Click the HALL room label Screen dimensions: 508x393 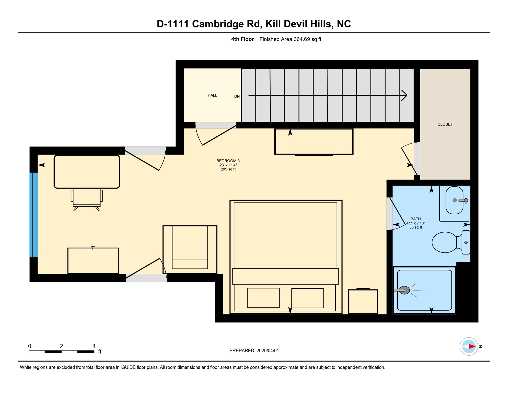click(212, 95)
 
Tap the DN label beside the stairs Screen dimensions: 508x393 click(237, 96)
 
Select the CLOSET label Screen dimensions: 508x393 click(445, 124)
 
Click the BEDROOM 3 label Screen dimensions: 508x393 click(228, 161)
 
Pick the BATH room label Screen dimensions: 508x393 click(415, 219)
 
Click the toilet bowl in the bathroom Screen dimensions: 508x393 click(444, 242)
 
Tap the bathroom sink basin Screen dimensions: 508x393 click(454, 200)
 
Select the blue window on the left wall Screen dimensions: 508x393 click(34, 215)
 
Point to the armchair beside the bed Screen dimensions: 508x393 click(190, 250)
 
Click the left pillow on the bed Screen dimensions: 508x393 click(263, 298)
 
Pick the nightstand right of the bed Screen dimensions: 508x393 click(363, 301)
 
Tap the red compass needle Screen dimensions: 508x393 click(472, 347)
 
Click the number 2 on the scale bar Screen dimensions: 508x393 click(61, 346)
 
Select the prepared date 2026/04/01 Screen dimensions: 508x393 click(268, 351)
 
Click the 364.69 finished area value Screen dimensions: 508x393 click(302, 39)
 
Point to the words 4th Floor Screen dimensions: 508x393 click(242, 39)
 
